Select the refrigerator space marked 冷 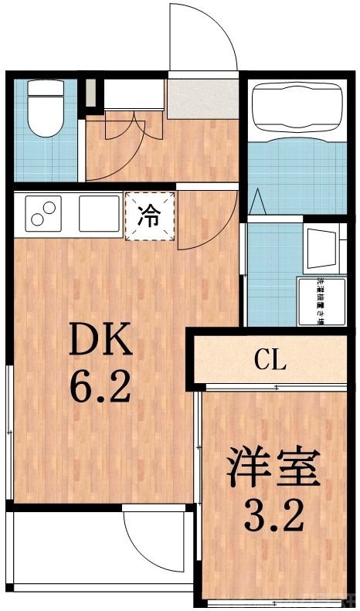(x=150, y=216)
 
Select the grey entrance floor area (x=202, y=99)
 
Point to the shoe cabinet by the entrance (x=134, y=96)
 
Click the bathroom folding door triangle (x=259, y=203)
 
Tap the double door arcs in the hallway (x=124, y=127)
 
